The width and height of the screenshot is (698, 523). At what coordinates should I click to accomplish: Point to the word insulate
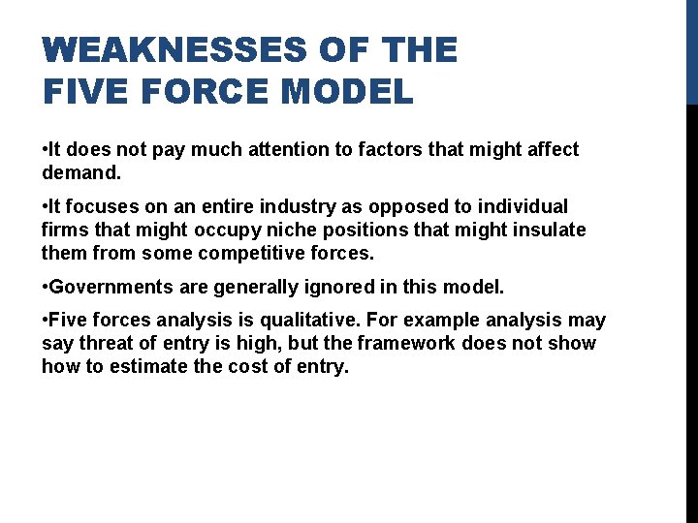tap(551, 230)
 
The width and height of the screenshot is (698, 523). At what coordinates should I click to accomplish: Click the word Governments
tap(107, 287)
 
